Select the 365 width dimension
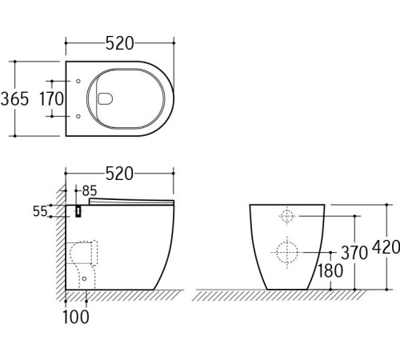tap(15, 99)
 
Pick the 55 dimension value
tap(40, 211)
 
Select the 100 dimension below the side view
tap(77, 317)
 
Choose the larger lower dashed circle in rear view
tap(287, 253)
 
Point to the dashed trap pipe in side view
tap(84, 260)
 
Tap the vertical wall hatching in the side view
tap(59, 240)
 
